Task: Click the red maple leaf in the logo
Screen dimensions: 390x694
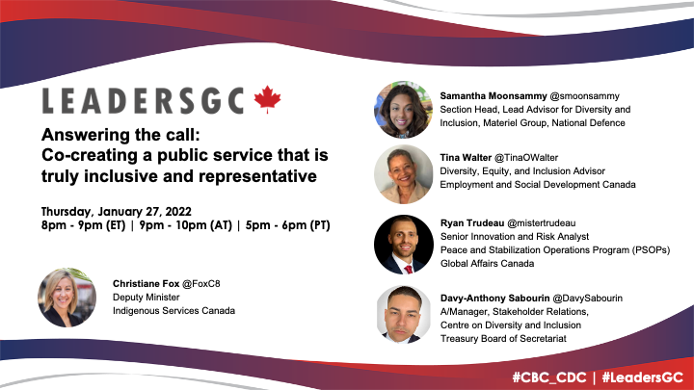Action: (266, 99)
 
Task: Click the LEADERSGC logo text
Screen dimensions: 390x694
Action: (145, 100)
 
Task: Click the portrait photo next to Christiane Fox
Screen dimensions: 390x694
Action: (66, 297)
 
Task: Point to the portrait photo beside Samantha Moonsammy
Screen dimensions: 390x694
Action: (403, 110)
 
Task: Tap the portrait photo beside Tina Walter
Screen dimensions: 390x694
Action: (403, 174)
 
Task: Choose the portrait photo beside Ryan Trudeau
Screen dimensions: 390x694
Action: (403, 244)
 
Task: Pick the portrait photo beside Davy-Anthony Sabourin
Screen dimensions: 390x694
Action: (404, 315)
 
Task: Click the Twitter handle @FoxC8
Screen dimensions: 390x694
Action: (196, 284)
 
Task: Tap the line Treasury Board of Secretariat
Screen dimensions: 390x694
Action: (509, 338)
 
